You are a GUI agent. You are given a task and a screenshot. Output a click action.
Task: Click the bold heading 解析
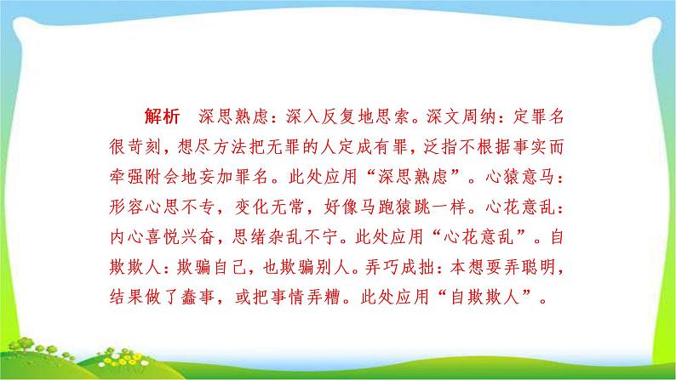(x=162, y=116)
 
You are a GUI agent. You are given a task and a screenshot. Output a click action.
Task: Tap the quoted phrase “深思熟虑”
(x=414, y=177)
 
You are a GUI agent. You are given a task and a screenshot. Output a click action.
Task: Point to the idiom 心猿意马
(x=519, y=177)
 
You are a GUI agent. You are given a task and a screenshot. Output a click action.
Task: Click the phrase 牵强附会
(x=144, y=177)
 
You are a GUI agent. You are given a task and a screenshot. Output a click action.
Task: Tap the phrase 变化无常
(x=269, y=207)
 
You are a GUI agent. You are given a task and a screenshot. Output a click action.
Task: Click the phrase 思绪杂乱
(x=267, y=237)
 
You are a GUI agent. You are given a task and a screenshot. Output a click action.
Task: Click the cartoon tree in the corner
(x=22, y=344)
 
